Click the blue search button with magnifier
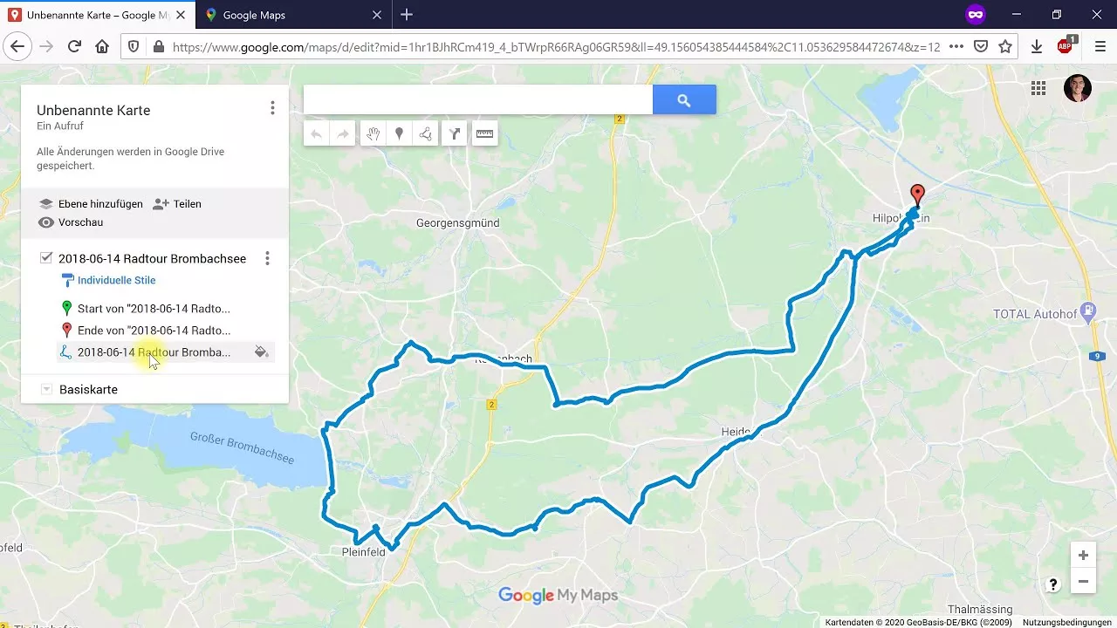[684, 100]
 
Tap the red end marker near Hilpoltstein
[917, 194]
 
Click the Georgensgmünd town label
[457, 223]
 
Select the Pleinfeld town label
[363, 552]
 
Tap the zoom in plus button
[1083, 556]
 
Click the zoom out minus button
[1083, 581]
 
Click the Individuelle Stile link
[116, 281]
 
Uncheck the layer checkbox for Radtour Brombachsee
[46, 258]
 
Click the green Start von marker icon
[66, 308]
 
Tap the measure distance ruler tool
[484, 134]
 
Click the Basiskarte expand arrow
[46, 390]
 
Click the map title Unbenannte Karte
[93, 111]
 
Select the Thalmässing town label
[980, 610]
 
